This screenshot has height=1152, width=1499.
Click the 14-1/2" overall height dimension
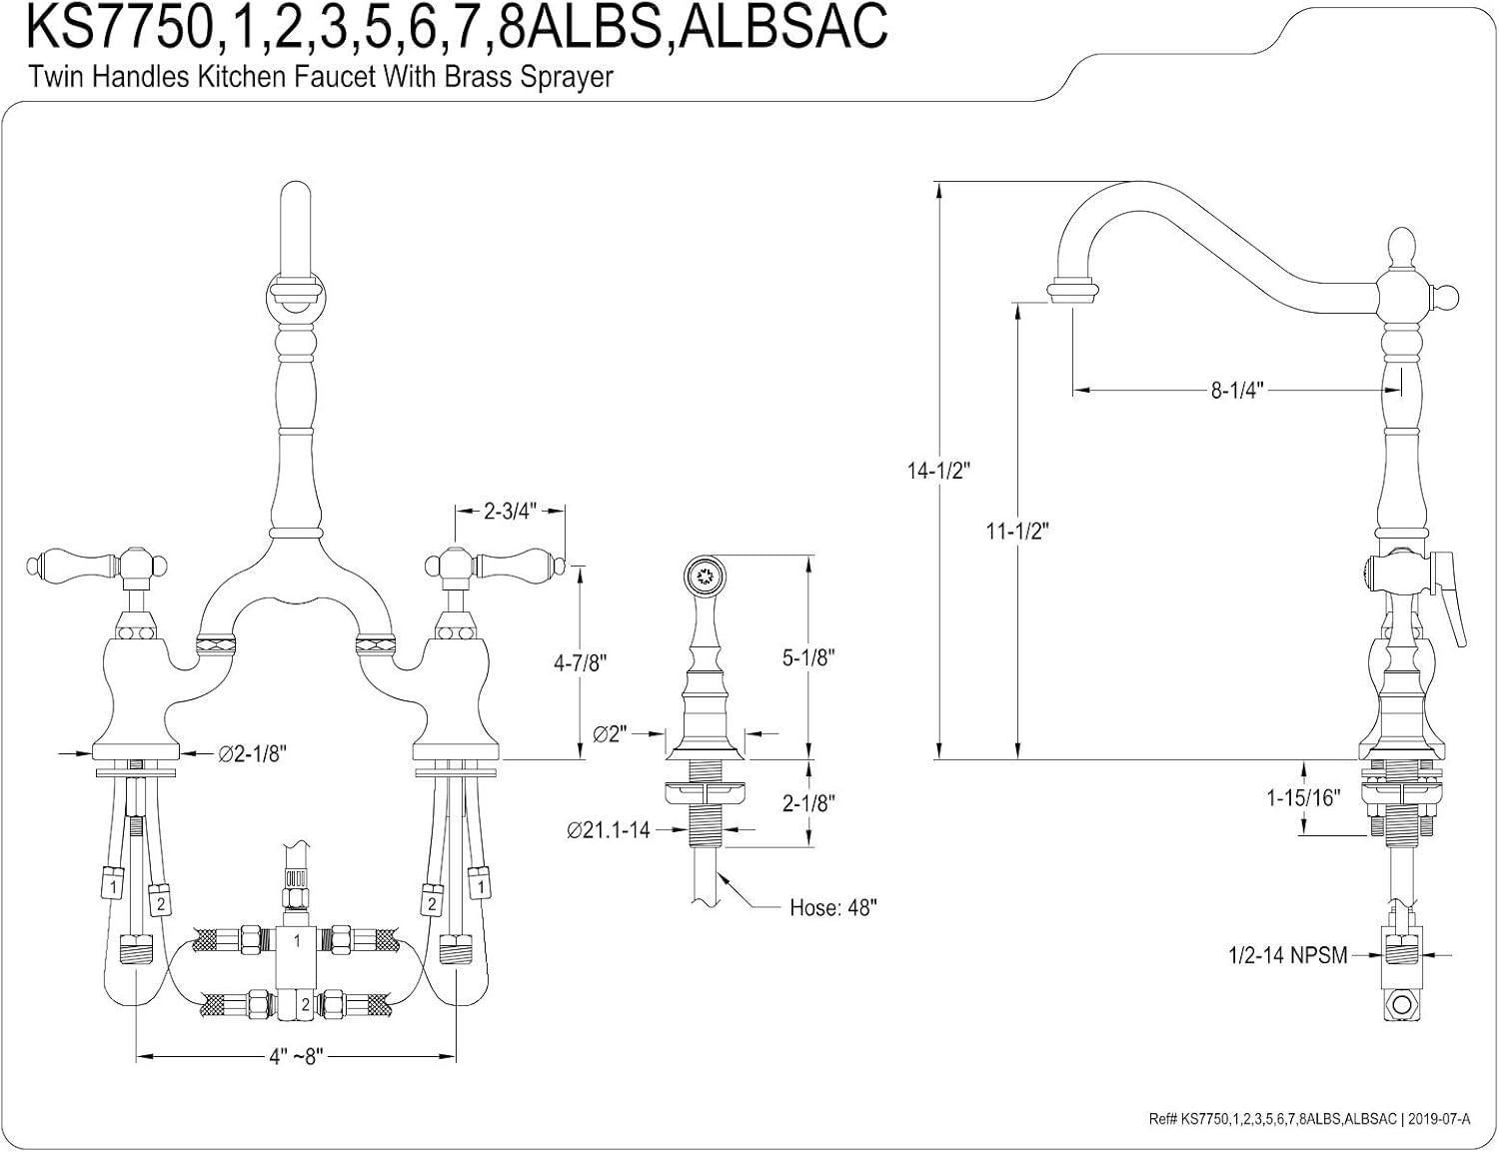click(939, 471)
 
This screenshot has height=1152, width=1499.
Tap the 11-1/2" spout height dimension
click(1017, 531)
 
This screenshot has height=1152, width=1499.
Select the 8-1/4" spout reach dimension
click(1238, 391)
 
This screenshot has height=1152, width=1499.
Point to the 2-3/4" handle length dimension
click(510, 512)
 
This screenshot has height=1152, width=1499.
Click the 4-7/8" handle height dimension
click(580, 662)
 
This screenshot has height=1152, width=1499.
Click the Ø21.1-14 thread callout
click(608, 829)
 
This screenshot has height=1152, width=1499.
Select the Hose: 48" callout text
click(832, 908)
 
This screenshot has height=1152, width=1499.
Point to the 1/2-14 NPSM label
click(1287, 956)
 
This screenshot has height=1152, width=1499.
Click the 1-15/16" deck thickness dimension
click(1302, 797)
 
